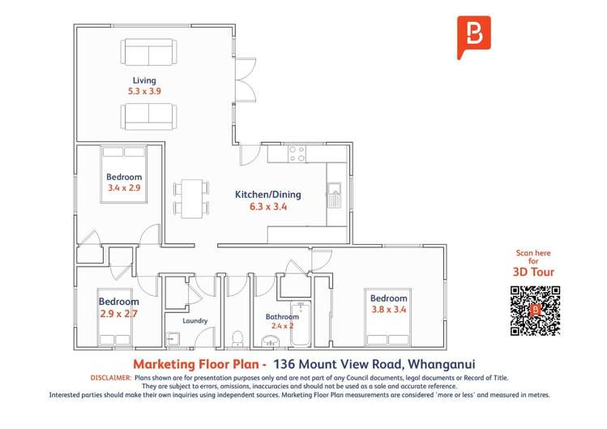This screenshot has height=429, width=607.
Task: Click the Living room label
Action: [x=144, y=80]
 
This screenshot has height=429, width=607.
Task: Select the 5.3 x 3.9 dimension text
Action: [x=144, y=92]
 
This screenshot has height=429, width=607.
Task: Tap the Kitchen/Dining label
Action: [x=267, y=195]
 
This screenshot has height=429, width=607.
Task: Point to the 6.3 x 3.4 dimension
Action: [x=267, y=207]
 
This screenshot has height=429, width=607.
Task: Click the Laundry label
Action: [x=194, y=321]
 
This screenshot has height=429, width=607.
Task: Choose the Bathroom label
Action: [x=283, y=317]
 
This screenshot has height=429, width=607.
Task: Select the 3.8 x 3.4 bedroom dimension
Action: [x=388, y=309]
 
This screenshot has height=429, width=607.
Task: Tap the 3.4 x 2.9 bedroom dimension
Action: [x=124, y=188]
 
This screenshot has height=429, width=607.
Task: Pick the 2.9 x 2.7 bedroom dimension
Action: [x=118, y=313]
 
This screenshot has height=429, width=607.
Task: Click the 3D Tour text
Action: [x=534, y=272]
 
